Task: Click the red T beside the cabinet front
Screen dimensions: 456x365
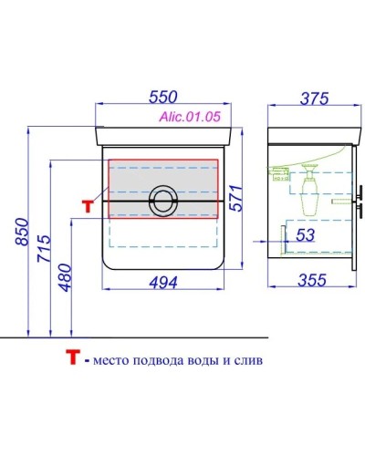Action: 88,205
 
